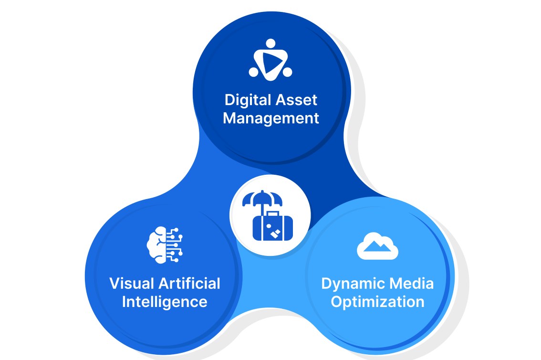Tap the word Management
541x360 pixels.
click(271, 118)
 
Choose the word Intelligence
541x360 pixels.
click(165, 302)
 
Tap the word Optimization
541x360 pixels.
click(377, 302)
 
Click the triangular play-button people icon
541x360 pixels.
click(270, 59)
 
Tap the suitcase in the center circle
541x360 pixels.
click(270, 227)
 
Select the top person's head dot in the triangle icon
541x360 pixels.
click(270, 43)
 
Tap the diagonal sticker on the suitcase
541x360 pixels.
click(275, 234)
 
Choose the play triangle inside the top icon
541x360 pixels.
click(270, 61)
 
